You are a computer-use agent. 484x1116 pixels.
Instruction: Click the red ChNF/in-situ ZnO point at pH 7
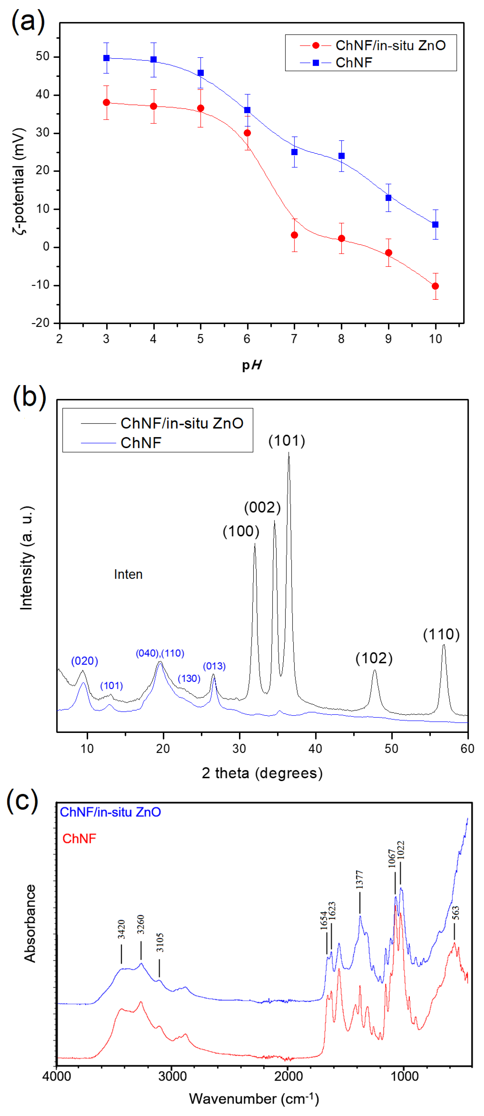pyautogui.click(x=294, y=235)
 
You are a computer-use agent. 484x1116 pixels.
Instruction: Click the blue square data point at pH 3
pyautogui.click(x=106, y=58)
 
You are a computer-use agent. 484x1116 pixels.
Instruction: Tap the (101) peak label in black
pyautogui.click(x=287, y=441)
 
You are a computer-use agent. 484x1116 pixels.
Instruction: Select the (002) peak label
pyautogui.click(x=262, y=507)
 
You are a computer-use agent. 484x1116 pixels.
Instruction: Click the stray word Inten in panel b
pyautogui.click(x=128, y=574)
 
